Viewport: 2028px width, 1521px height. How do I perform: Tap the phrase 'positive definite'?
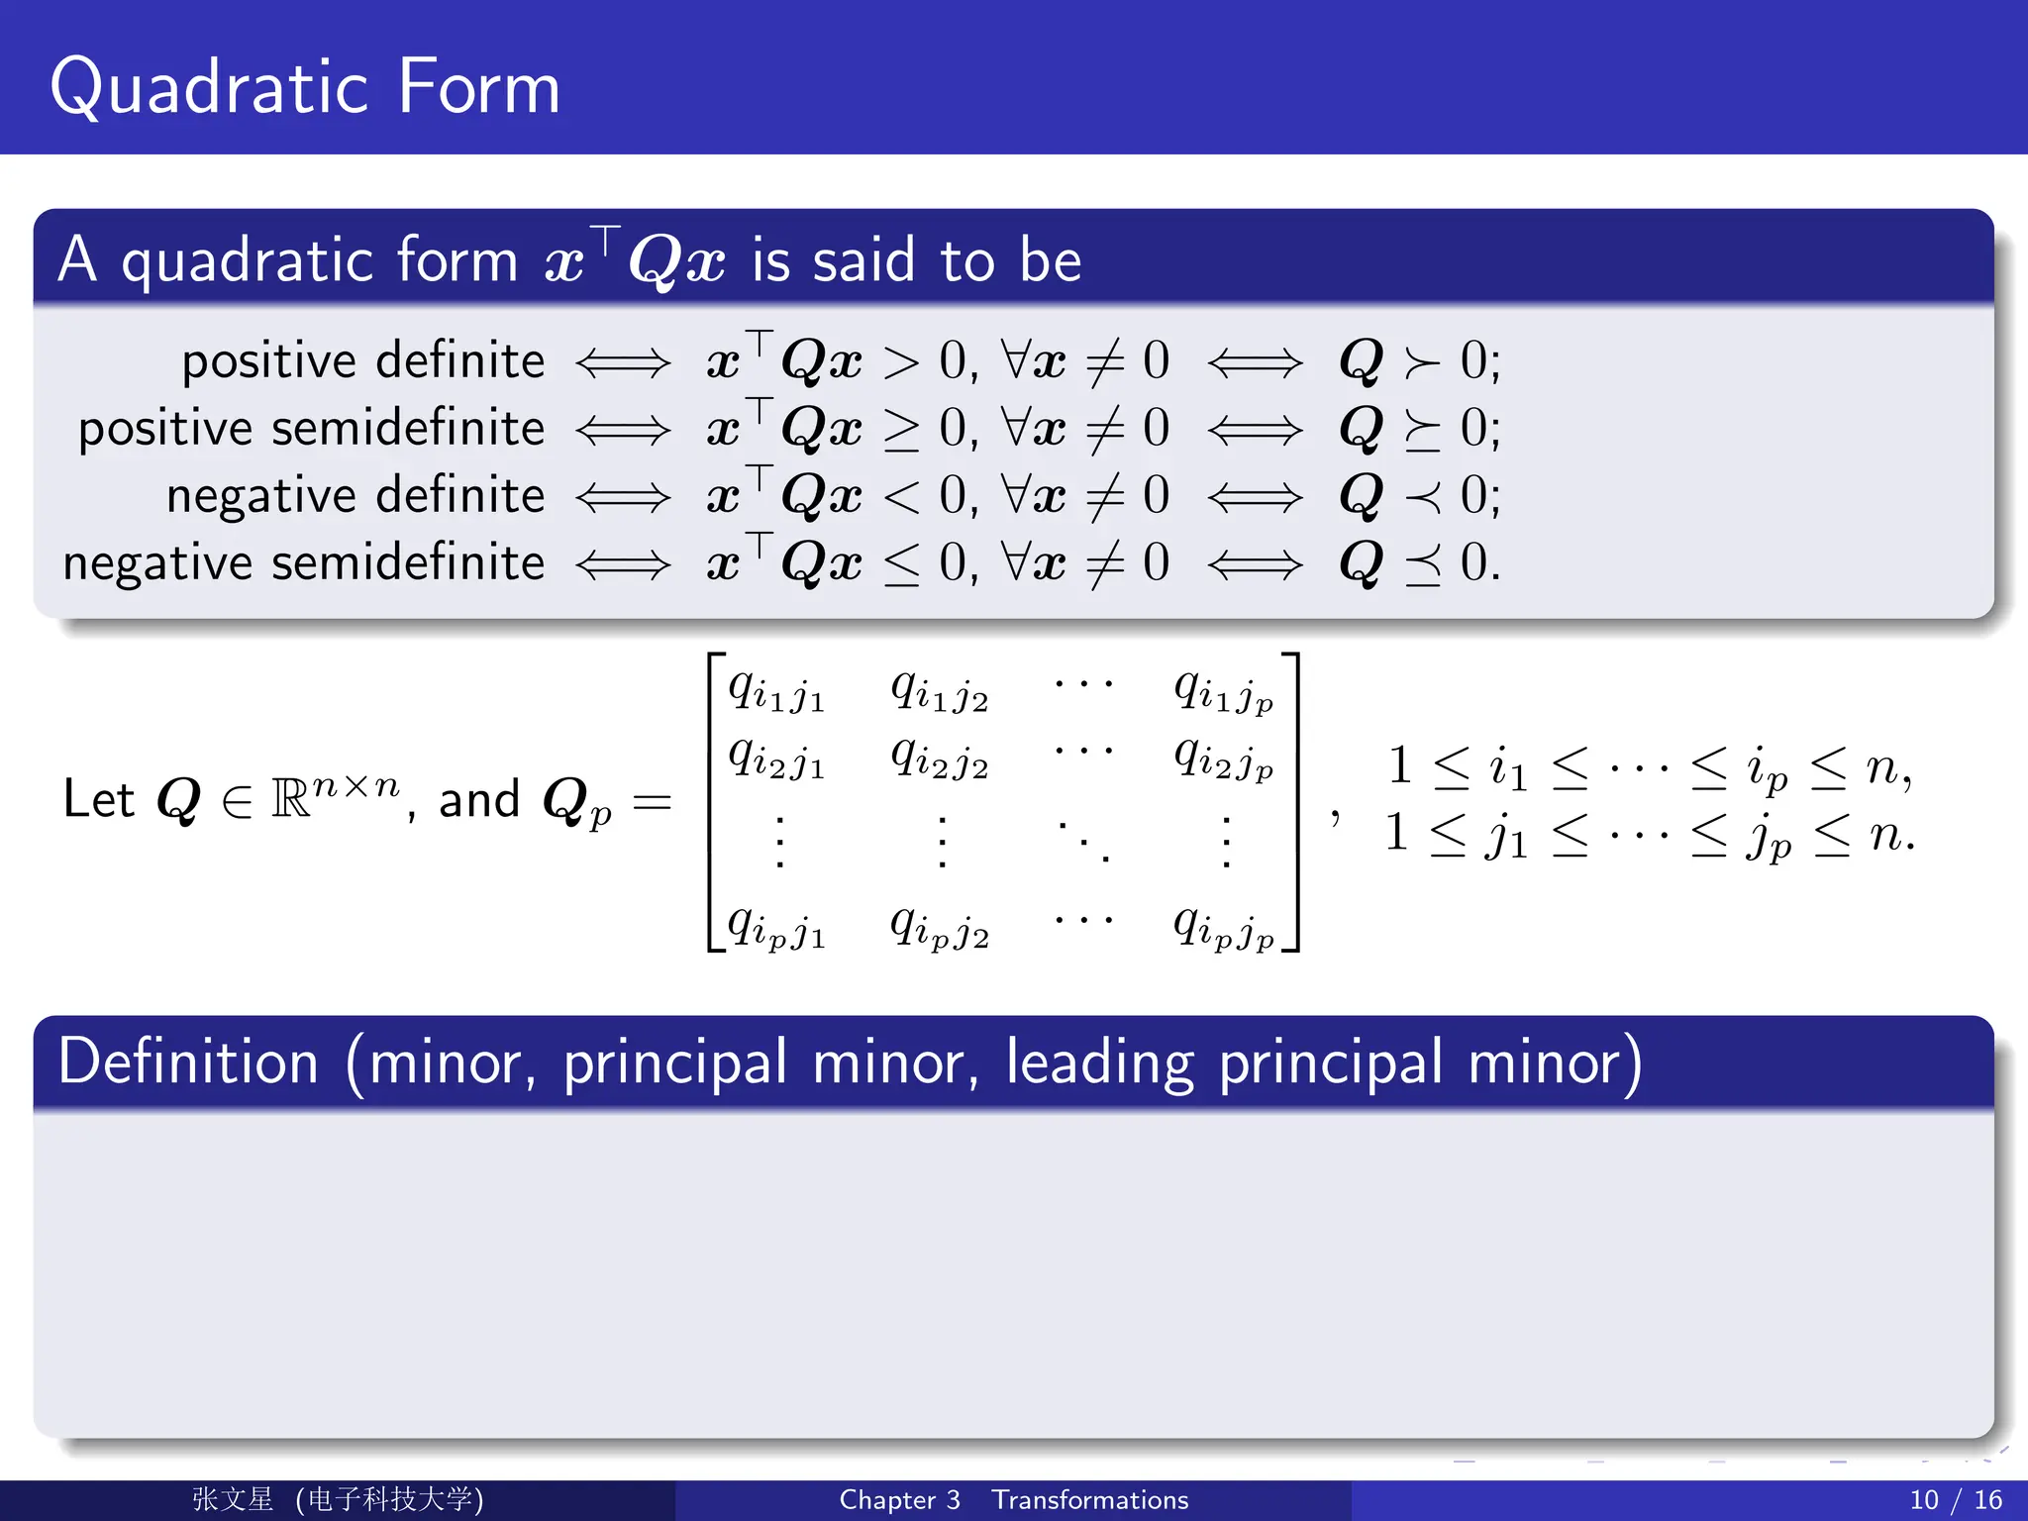[363, 360]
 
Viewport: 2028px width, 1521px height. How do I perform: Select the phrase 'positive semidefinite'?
[312, 428]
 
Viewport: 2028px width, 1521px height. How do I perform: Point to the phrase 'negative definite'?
[355, 495]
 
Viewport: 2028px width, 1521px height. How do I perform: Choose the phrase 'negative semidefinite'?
[304, 562]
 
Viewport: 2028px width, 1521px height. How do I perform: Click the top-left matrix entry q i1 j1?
[776, 689]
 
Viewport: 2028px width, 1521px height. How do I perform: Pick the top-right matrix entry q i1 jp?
[1224, 689]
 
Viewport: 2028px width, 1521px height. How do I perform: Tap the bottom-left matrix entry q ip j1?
[776, 927]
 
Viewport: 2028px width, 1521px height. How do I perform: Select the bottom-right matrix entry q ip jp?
[1224, 927]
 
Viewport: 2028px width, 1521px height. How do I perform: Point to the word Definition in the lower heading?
[188, 1063]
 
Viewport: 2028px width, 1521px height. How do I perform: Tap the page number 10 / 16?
[1956, 1500]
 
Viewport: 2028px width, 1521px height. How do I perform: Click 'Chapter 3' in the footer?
[899, 1500]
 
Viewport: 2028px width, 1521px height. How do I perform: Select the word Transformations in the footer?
[1090, 1500]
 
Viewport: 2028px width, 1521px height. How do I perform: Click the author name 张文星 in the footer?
[233, 1499]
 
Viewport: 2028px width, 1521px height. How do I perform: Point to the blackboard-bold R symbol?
[290, 799]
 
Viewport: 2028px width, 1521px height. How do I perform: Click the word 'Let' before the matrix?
[98, 799]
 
